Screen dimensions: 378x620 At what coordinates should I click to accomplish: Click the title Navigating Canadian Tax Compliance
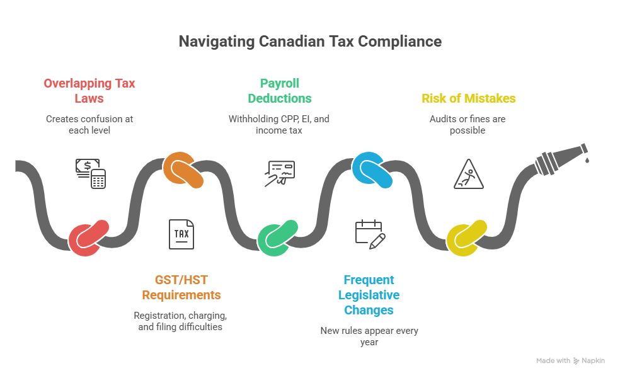point(310,42)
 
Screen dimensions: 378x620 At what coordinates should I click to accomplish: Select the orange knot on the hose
point(183,170)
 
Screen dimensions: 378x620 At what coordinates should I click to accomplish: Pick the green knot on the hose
point(278,238)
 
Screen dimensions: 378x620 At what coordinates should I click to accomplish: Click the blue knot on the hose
point(372,170)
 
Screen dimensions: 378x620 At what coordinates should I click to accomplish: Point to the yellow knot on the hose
point(467,238)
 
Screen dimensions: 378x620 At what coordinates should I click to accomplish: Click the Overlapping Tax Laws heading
point(89,91)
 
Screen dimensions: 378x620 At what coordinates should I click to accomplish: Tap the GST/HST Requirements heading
point(181,287)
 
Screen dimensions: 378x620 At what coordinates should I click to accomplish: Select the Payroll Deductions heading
point(279,91)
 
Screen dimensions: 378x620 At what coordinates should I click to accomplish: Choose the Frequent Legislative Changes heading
point(369,295)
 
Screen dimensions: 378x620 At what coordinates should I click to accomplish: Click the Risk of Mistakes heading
point(468,98)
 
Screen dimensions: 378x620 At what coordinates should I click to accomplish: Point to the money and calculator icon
point(89,173)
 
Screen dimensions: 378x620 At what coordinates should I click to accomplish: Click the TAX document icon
point(181,234)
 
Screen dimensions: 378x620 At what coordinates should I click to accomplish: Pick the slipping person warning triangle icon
point(469,174)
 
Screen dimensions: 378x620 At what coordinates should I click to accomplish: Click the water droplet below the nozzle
point(587,161)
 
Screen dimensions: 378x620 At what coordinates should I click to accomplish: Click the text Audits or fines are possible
point(468,124)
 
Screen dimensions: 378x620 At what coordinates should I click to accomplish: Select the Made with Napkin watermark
point(570,361)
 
